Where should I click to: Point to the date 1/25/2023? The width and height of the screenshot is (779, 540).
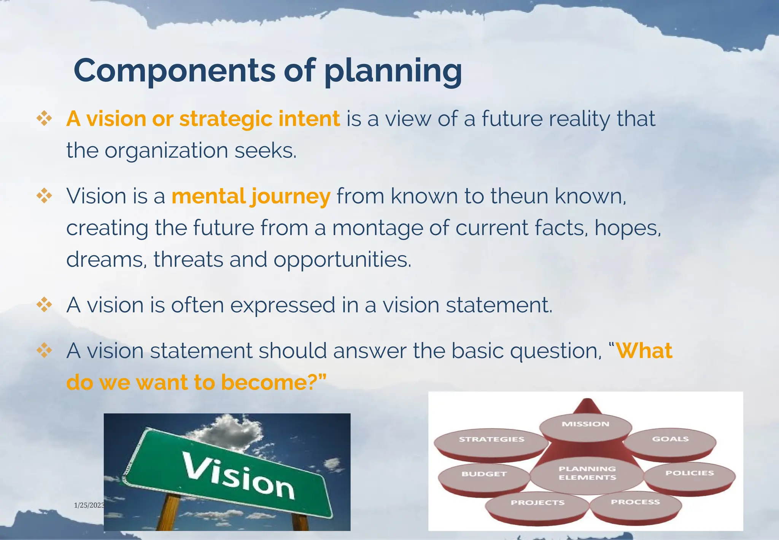coord(89,505)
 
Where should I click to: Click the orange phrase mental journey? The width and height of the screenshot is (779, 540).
coord(251,197)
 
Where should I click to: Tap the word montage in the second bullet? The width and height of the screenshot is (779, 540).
coord(377,228)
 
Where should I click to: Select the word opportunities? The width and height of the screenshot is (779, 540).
coord(342,260)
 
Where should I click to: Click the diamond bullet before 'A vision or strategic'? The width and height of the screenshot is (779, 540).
coord(44,118)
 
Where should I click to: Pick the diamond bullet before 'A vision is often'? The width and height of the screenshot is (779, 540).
coord(44,305)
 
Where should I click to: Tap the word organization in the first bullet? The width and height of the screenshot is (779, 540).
coord(166,151)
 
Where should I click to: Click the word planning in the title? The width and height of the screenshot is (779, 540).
coord(393,71)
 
